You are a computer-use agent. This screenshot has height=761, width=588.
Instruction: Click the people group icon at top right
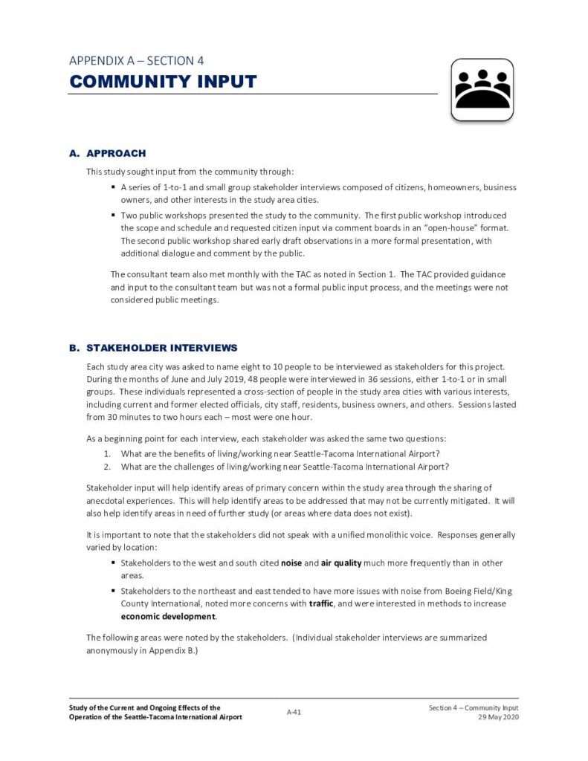click(482, 90)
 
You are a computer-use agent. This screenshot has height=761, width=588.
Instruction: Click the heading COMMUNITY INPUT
click(163, 82)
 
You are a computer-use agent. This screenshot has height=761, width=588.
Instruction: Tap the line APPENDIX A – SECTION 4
click(136, 60)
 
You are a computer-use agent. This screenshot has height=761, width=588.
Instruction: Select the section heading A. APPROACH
click(107, 153)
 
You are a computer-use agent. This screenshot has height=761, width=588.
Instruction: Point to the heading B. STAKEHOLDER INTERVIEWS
click(153, 347)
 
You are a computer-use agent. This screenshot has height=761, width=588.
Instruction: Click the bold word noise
click(291, 563)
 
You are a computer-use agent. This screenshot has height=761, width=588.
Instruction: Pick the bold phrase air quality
click(341, 563)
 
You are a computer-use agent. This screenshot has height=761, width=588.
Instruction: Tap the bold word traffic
click(321, 603)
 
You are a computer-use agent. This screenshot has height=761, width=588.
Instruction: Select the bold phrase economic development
click(169, 617)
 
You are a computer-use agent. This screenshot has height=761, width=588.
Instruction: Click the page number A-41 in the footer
click(294, 712)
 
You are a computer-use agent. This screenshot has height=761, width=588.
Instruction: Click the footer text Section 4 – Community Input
click(473, 707)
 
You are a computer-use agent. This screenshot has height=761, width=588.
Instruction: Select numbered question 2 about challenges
click(285, 467)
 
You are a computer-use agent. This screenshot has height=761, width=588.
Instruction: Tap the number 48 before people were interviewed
click(232, 379)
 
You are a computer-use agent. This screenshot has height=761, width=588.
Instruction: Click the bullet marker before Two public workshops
click(114, 215)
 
